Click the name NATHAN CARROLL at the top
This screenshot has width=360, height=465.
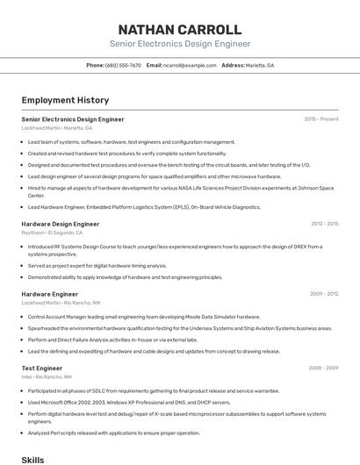pos(179,29)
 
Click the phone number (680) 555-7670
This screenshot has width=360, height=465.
pos(123,65)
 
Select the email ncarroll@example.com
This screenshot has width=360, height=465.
pos(190,65)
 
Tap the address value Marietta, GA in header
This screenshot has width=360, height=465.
pos(260,65)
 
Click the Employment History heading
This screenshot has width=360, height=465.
pos(65,100)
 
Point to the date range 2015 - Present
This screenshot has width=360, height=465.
pos(320,118)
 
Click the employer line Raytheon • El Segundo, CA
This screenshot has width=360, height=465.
pos(53,232)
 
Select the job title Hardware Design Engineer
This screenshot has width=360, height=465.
pos(61,224)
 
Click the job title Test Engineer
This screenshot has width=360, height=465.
pos(41,368)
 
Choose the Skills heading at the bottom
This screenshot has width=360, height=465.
pos(32,459)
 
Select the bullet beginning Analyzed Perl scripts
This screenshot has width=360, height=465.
pos(113,432)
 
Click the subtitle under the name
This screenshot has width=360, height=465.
pos(179,44)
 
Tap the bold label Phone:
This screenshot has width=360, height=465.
pos(95,65)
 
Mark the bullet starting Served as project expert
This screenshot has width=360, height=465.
pos(97,265)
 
